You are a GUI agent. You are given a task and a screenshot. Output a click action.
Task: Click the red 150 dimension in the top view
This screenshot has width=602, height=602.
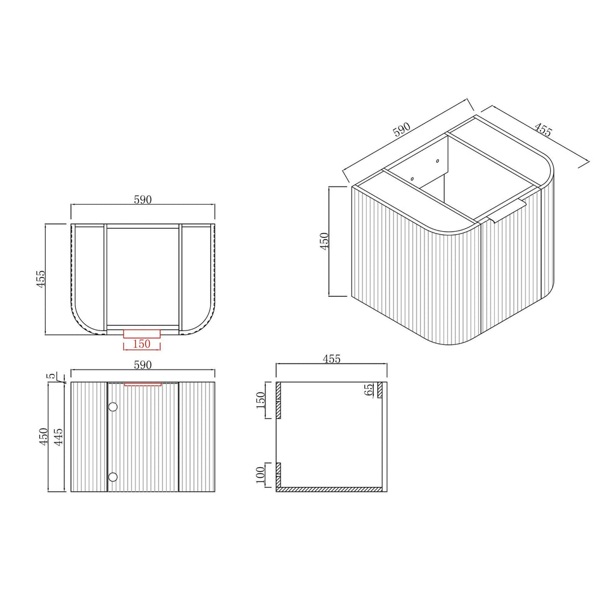141,344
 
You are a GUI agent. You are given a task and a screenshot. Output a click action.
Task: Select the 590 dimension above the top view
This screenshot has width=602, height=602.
143,200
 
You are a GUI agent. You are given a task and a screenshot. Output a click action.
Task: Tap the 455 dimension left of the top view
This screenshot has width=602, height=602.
41,279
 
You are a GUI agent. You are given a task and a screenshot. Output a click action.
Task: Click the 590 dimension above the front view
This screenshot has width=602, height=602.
143,365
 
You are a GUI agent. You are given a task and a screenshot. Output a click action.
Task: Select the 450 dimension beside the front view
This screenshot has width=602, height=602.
43,437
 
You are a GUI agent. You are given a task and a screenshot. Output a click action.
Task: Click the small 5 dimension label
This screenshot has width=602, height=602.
51,376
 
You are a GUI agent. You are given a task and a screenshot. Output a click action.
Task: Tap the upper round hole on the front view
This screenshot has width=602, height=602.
113,407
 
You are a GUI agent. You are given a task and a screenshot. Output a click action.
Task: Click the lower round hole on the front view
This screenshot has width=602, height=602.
113,477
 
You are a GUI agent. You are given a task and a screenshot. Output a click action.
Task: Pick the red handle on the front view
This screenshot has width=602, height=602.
143,384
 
